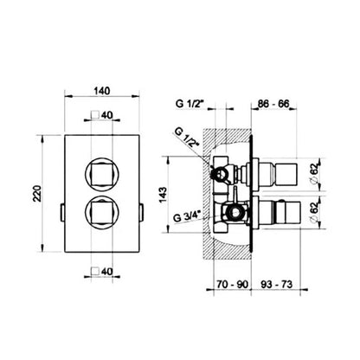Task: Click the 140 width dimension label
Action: tap(102, 91)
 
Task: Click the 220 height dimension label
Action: tap(37, 193)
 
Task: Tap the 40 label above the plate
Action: tap(106, 115)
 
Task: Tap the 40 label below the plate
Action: tap(106, 272)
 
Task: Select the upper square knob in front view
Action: tap(101, 174)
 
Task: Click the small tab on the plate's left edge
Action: tap(61, 213)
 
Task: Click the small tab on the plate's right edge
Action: tap(141, 213)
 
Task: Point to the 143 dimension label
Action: tap(163, 195)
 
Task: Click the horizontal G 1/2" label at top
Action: tap(190, 103)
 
